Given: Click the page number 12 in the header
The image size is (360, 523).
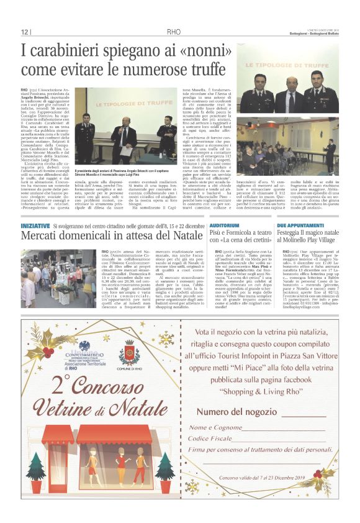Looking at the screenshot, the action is point(25,32).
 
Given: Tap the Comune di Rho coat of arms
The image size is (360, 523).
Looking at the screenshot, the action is point(129,351).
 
